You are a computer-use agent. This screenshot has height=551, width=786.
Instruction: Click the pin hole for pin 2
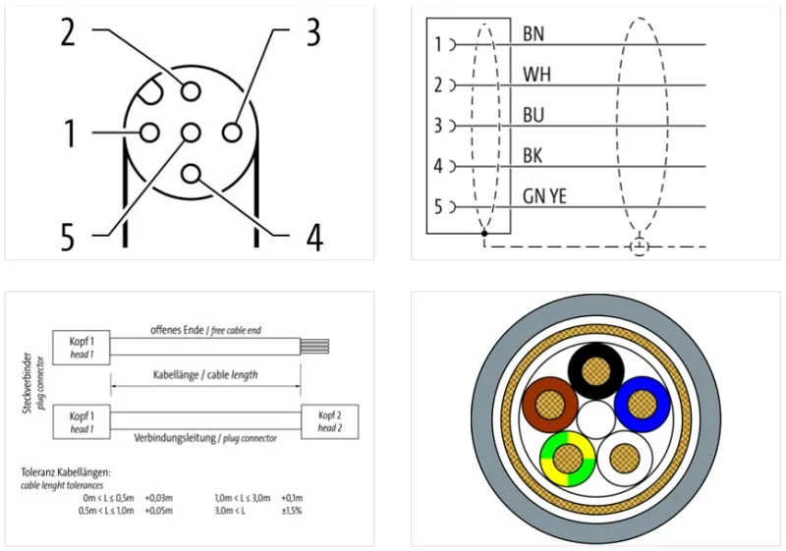click(191, 91)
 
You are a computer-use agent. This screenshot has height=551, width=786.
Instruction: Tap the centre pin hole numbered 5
click(191, 133)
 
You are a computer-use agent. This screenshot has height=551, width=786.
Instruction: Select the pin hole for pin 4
click(191, 174)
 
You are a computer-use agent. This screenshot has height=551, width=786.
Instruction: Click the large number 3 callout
click(313, 32)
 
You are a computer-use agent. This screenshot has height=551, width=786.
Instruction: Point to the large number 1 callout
click(70, 134)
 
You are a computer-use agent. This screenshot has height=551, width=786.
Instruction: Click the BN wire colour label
click(533, 33)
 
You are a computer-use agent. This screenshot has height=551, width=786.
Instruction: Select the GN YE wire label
click(544, 195)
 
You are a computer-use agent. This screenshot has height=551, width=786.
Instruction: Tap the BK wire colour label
click(533, 156)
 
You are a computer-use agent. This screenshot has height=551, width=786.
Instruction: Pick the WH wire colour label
click(536, 75)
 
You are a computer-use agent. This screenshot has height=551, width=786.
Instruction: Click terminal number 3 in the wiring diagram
click(438, 126)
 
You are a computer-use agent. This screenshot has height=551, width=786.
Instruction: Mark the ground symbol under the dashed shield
click(640, 247)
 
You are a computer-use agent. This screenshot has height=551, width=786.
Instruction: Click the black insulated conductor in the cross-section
click(596, 371)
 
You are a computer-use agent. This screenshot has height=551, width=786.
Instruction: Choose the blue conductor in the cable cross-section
click(643, 405)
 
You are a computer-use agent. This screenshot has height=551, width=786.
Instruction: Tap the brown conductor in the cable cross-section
click(550, 405)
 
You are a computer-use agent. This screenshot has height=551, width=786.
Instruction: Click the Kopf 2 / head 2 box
click(330, 421)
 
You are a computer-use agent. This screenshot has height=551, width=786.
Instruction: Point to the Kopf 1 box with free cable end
click(82, 348)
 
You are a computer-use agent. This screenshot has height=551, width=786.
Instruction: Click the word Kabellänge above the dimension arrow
click(174, 374)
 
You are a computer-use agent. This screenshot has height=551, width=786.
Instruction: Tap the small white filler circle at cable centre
click(595, 419)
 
